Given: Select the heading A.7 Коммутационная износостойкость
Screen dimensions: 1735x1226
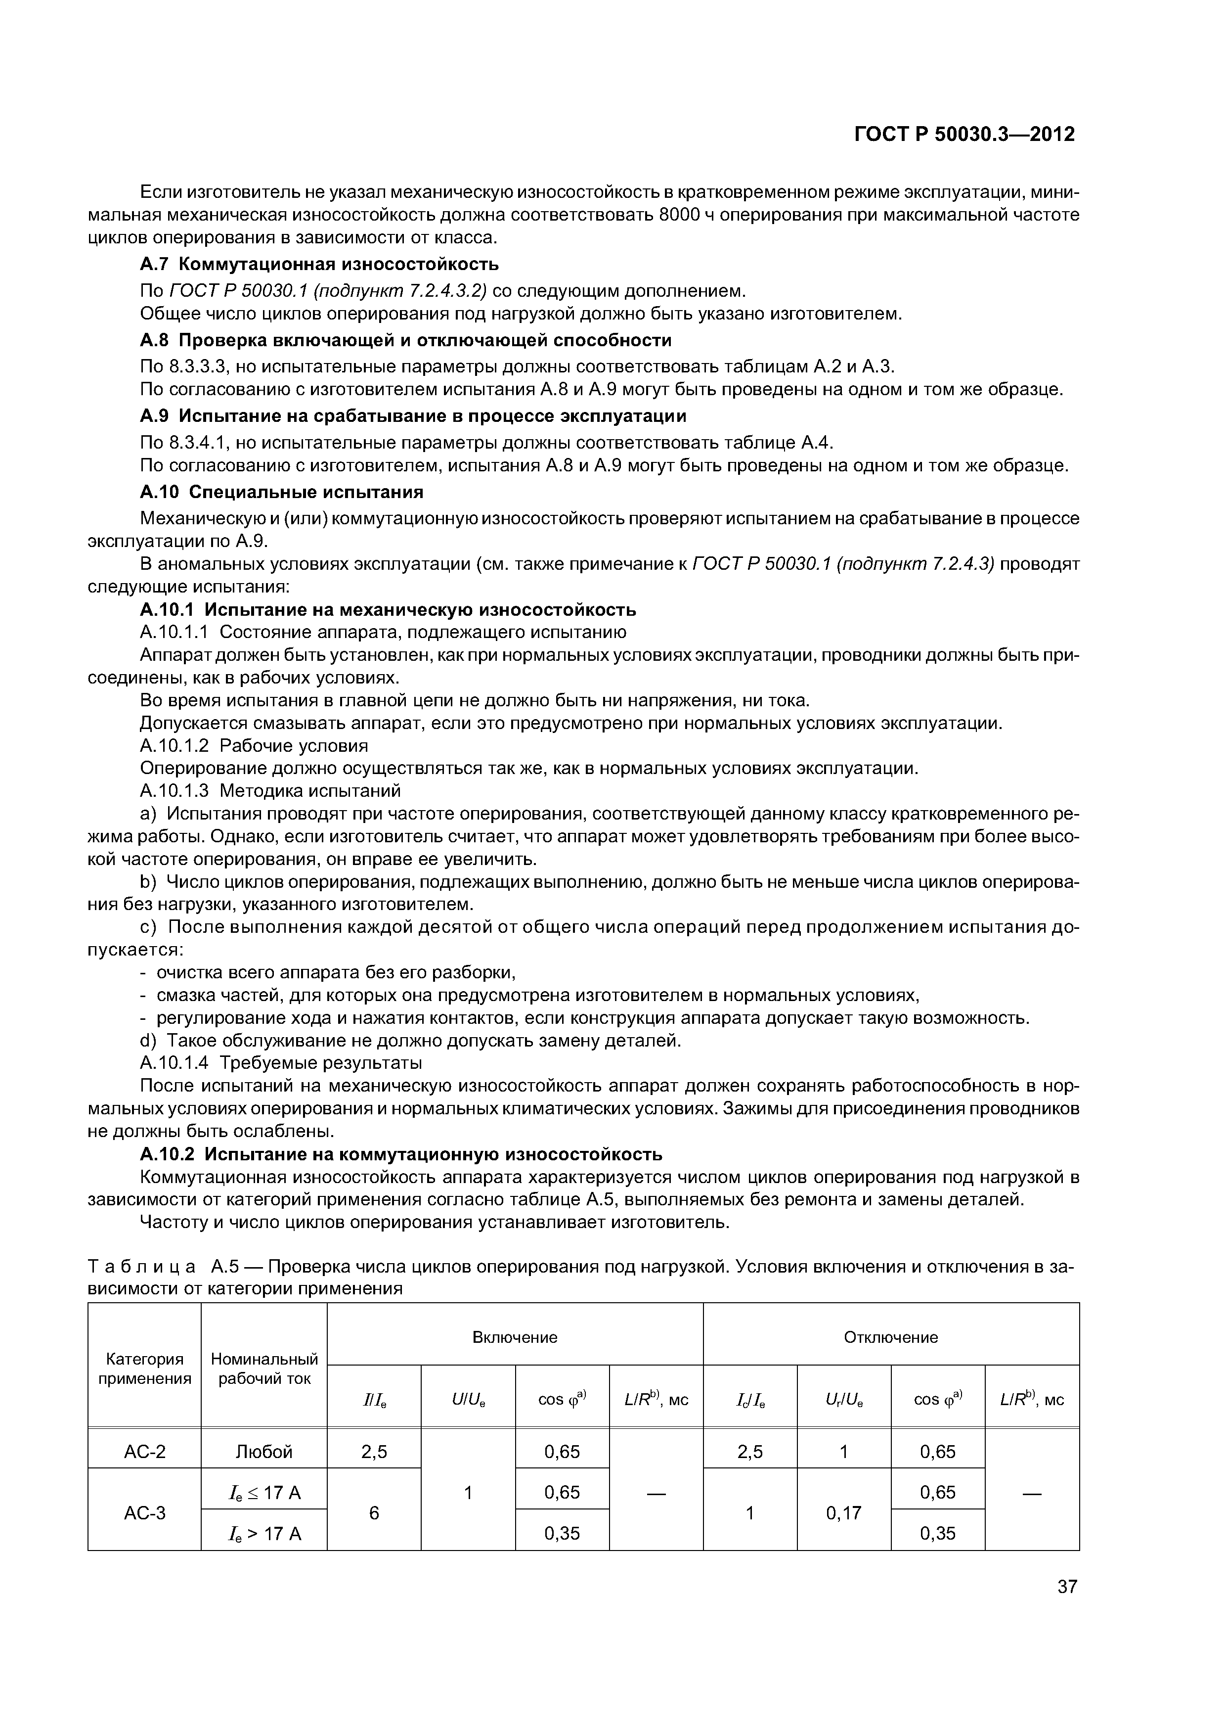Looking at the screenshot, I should coord(319,265).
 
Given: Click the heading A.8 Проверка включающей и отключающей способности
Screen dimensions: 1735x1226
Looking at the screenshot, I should coord(406,340).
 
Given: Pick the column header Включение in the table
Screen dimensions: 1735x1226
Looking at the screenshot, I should coord(515,1337).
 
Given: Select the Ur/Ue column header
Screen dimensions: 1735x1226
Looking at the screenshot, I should coord(844,1400).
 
